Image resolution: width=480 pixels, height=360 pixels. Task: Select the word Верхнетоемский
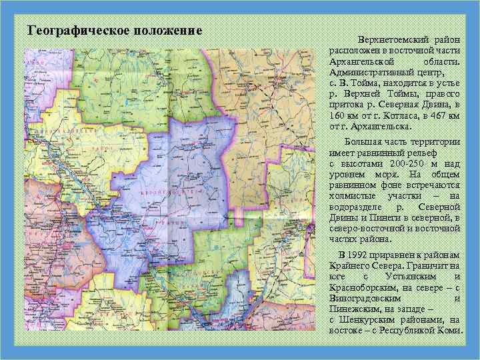389,41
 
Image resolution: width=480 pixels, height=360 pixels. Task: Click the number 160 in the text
339,115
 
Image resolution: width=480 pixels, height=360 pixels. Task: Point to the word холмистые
353,196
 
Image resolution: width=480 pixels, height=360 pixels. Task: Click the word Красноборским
359,287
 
